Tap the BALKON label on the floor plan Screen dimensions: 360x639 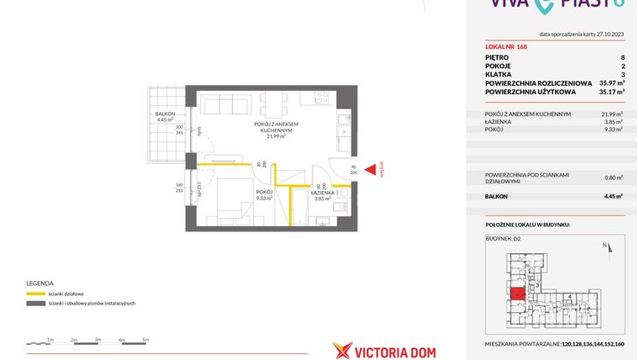pyautogui.click(x=165, y=114)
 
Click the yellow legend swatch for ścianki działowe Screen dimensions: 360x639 pyautogui.click(x=36, y=294)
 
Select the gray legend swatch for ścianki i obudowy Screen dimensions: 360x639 pyautogui.click(x=36, y=304)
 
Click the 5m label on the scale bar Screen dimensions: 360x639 pyautogui.click(x=145, y=340)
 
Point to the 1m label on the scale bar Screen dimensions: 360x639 pyautogui.click(x=50, y=340)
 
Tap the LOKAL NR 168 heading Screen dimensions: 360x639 pyautogui.click(x=506, y=47)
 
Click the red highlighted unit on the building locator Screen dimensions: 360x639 pyautogui.click(x=517, y=294)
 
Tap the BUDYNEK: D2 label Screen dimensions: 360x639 pyautogui.click(x=503, y=239)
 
